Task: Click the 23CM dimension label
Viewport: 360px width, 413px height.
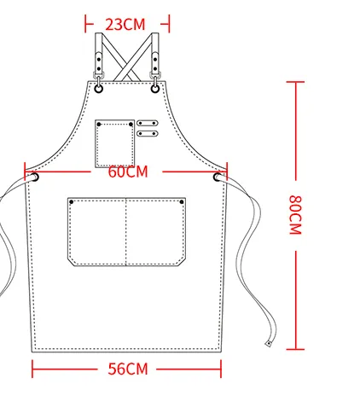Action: click(x=125, y=25)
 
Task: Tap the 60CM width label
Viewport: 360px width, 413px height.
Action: click(x=128, y=172)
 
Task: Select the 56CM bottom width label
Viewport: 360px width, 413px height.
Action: click(x=128, y=369)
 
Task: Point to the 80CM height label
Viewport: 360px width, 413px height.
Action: click(x=295, y=215)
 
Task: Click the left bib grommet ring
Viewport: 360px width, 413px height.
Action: click(x=98, y=89)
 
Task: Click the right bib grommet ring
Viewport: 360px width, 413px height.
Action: click(x=155, y=89)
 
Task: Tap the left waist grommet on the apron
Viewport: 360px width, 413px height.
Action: click(x=35, y=177)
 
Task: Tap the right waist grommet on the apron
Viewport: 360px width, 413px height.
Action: click(x=218, y=177)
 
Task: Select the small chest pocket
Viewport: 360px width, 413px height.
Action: click(x=115, y=143)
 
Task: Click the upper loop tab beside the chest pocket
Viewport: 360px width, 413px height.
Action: click(x=147, y=123)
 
